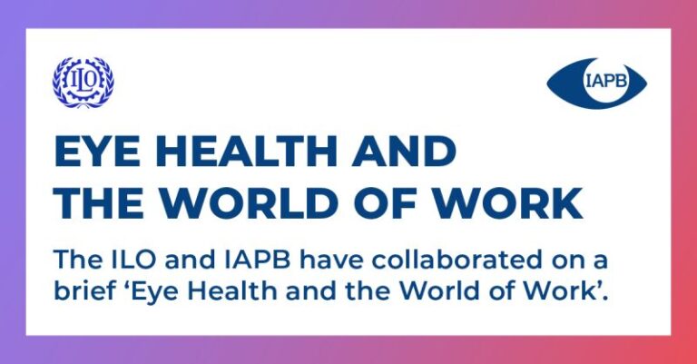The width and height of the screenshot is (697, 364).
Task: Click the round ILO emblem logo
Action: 83,83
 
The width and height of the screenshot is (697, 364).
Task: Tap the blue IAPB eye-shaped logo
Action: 596,84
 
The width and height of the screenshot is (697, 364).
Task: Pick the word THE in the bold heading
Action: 99,202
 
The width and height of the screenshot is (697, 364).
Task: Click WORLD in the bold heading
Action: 256,202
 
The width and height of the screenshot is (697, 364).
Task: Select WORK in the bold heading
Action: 508,202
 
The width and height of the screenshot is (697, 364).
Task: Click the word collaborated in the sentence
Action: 452,261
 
